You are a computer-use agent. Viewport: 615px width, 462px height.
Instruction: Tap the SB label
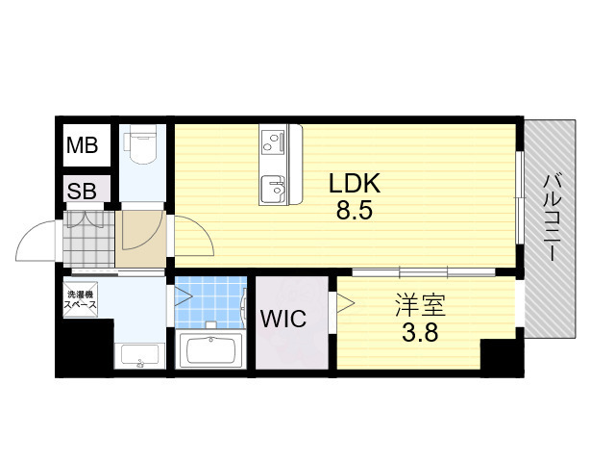click(x=82, y=191)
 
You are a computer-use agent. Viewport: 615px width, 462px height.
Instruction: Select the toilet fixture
click(x=141, y=146)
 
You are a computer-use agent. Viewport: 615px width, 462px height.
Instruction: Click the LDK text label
click(x=355, y=183)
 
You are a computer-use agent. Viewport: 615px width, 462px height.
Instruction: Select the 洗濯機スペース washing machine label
click(x=81, y=298)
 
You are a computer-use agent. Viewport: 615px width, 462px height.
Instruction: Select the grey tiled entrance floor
click(x=88, y=240)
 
